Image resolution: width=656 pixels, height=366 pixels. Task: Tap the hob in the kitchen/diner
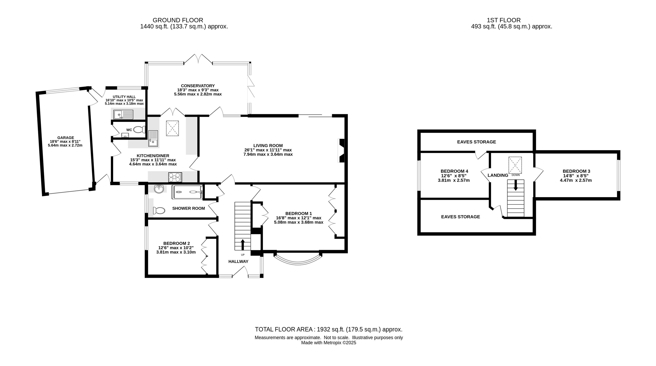point(175,177)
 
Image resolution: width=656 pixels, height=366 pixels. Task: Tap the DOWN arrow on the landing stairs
point(516,185)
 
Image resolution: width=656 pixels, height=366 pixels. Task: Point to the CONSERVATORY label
point(198,86)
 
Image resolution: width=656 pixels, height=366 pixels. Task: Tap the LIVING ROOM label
point(268,146)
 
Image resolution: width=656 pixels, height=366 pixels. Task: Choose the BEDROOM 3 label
point(576,171)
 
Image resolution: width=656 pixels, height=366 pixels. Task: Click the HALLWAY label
point(238,261)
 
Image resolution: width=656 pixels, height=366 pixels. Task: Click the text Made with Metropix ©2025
point(329,343)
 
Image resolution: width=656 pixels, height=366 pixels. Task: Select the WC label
point(129,130)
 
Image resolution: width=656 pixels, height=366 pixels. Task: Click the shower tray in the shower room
point(188,192)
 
